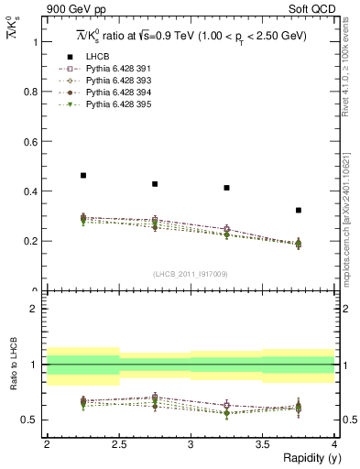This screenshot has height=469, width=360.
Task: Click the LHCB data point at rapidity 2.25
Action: tap(83, 175)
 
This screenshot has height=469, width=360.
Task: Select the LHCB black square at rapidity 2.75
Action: tap(155, 184)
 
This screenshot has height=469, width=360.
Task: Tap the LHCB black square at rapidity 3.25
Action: tap(226, 188)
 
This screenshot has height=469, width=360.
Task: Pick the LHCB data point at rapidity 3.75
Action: tap(298, 210)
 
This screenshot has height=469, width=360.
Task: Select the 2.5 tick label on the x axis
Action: tap(118, 444)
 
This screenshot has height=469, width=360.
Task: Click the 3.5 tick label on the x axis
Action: tap(262, 444)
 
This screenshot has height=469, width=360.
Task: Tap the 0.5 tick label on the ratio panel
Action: tap(32, 420)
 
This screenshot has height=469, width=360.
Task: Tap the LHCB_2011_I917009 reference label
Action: tap(191, 274)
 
